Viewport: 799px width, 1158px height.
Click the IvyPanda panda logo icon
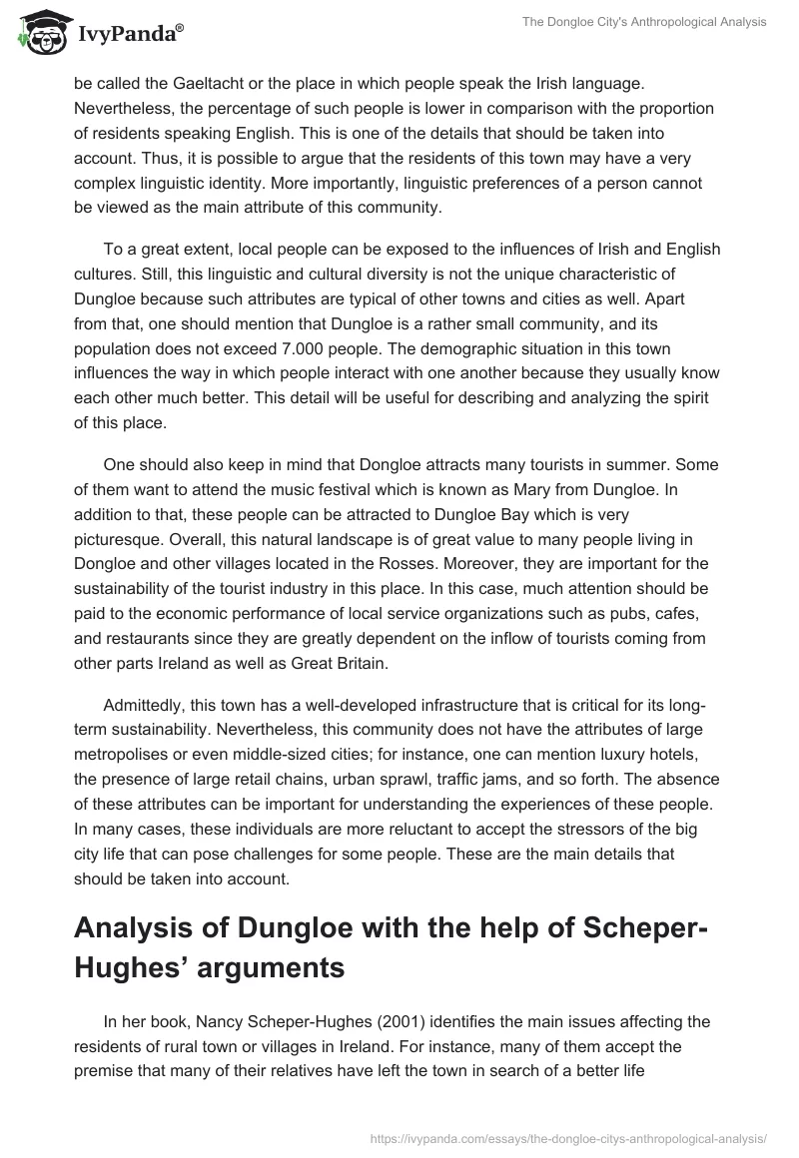pos(39,31)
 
